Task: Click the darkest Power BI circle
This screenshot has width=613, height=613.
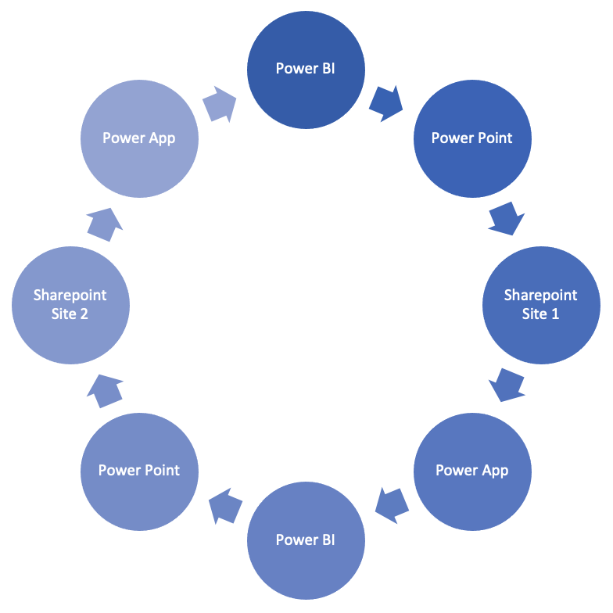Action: click(x=306, y=70)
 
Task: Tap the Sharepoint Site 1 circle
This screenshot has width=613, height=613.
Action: click(x=541, y=305)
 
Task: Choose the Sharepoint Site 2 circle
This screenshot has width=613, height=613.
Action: click(x=70, y=305)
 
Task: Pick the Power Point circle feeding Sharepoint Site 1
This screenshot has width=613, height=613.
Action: click(x=472, y=138)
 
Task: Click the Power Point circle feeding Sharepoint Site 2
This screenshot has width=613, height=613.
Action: click(x=140, y=471)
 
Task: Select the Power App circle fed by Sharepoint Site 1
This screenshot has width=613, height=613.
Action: click(x=472, y=471)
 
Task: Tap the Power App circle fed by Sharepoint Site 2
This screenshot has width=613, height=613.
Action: click(x=139, y=138)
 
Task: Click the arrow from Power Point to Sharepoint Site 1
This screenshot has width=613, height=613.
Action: click(x=506, y=218)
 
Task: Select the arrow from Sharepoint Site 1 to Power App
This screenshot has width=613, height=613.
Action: click(x=507, y=384)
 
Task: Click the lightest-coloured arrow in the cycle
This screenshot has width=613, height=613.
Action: click(x=219, y=104)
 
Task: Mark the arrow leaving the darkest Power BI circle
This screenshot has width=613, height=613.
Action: click(x=385, y=103)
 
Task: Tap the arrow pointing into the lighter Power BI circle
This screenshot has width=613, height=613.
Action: click(x=393, y=505)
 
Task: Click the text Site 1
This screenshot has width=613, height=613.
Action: click(x=541, y=314)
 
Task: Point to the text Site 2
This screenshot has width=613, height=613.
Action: click(x=70, y=314)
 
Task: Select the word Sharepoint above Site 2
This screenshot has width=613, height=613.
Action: click(x=70, y=296)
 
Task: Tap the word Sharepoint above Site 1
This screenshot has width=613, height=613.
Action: click(x=541, y=296)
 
